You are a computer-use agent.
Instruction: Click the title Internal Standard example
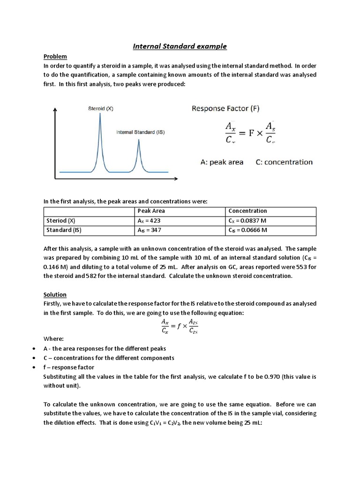tap(180, 46)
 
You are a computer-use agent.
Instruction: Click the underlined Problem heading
tap(55, 56)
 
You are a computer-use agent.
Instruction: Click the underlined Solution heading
tap(55, 294)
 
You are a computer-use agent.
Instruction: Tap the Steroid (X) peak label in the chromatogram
tap(101, 108)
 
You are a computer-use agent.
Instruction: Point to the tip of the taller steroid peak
tap(100, 114)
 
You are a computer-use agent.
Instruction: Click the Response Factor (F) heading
tap(225, 108)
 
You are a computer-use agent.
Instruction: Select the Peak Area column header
tap(151, 211)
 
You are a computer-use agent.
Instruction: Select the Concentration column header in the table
tap(247, 211)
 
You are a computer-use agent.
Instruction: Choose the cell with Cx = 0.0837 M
tap(247, 221)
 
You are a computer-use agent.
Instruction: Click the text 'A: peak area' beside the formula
tap(222, 162)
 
